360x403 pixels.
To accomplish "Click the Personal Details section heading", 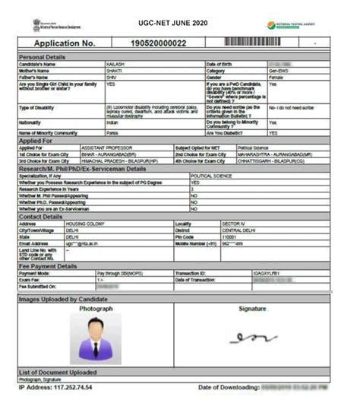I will (x=46, y=57).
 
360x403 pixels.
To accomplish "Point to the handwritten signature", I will (x=253, y=337).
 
